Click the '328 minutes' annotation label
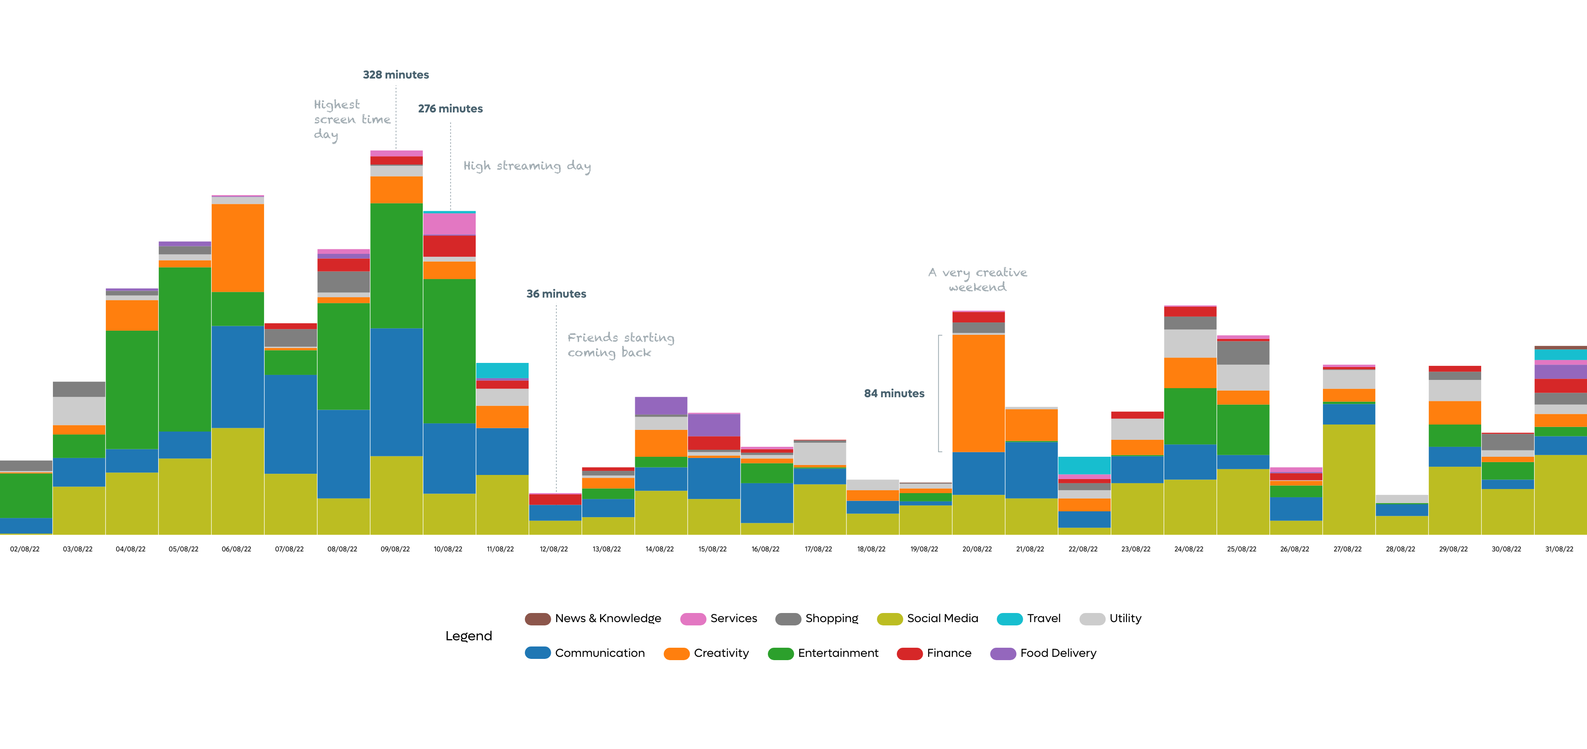[x=396, y=74]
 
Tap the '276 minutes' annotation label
[x=450, y=108]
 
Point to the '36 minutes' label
[x=556, y=294]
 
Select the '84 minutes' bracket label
[x=894, y=394]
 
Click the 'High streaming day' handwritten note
[x=527, y=166]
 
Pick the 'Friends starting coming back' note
[x=620, y=345]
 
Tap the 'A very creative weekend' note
[x=978, y=280]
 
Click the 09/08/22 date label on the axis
[x=395, y=549]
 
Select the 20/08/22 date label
[x=977, y=549]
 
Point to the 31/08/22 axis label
[x=1558, y=549]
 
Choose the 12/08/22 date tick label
[x=554, y=549]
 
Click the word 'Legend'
[x=469, y=636]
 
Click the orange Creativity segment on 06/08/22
[x=238, y=248]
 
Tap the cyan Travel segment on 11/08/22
[x=502, y=370]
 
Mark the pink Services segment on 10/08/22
[x=449, y=224]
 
